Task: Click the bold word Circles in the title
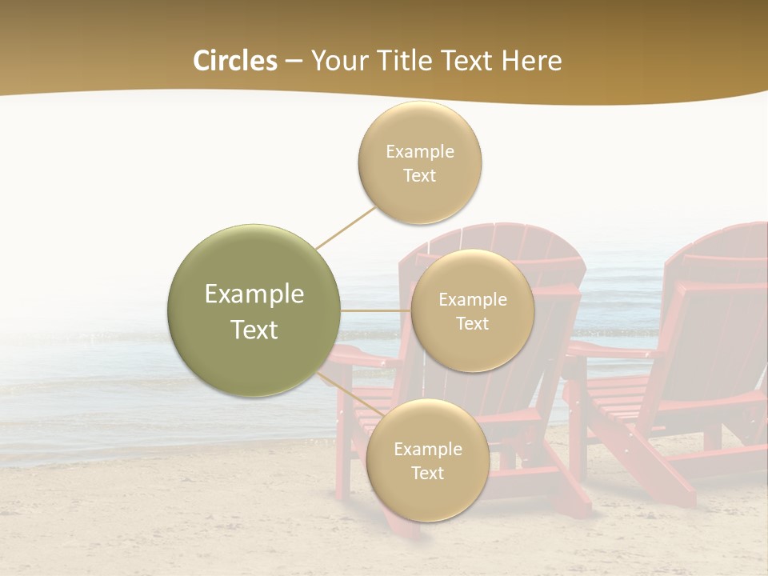point(235,61)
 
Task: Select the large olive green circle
point(254,310)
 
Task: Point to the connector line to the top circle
point(346,227)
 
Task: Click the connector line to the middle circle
point(376,310)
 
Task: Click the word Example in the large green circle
point(254,294)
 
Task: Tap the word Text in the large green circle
point(254,330)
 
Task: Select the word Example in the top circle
point(419,151)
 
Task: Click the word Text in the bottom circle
point(427,473)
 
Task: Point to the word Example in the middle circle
point(472,300)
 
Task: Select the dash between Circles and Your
point(294,61)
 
